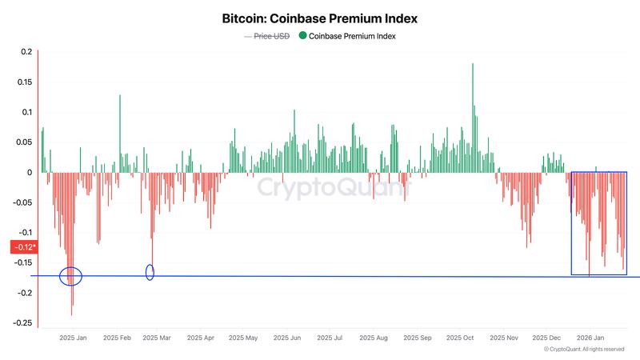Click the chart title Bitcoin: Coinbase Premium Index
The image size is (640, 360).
point(320,18)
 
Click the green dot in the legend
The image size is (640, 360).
point(302,36)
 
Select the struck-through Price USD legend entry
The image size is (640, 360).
point(271,36)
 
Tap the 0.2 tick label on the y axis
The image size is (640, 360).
point(26,52)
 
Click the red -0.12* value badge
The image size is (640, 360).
point(22,247)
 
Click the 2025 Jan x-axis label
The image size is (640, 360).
point(73,338)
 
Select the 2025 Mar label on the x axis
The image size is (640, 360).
point(156,338)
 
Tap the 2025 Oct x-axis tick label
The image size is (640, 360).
point(461,338)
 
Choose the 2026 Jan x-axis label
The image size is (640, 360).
point(590,338)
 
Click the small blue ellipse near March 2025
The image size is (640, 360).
point(150,272)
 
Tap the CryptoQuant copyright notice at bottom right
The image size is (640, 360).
point(583,350)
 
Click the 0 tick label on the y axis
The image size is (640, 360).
point(30,172)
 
